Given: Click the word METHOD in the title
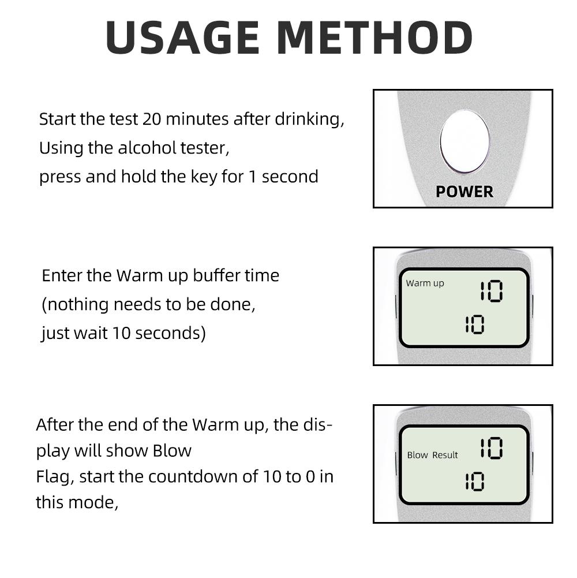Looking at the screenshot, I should coord(374,38).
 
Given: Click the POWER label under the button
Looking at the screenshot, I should coord(464,192).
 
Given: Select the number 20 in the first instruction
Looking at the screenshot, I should coord(152,120).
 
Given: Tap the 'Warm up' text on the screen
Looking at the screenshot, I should coord(425,283).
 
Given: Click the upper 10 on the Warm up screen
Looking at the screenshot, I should coord(492,292).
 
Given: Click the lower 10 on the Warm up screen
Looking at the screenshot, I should coord(474,325).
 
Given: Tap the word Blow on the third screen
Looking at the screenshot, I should coord(417,455).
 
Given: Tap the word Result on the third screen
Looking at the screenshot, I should coord(445,455).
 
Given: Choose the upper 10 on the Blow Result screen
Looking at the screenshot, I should coord(492,448).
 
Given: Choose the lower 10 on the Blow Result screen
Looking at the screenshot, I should coord(474,482).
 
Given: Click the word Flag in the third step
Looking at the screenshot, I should coord(54,477).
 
